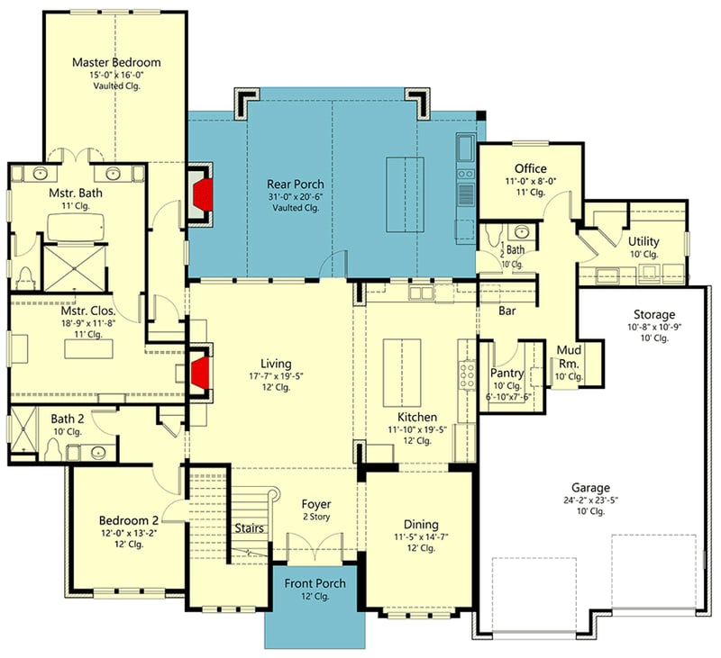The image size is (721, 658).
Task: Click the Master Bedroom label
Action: coord(116,62)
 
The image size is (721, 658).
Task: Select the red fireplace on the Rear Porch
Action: coord(203,193)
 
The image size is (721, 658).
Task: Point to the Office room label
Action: coord(530,168)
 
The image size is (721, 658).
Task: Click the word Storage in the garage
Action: coord(653,314)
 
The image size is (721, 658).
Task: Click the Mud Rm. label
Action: coord(569,356)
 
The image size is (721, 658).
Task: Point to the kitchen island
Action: coord(397,372)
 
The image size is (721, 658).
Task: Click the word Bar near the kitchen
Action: coord(507,311)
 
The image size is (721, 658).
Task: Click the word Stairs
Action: coord(249,528)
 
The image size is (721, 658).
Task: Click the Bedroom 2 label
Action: coord(129,519)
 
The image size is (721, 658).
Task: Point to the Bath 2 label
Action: coord(66,419)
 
